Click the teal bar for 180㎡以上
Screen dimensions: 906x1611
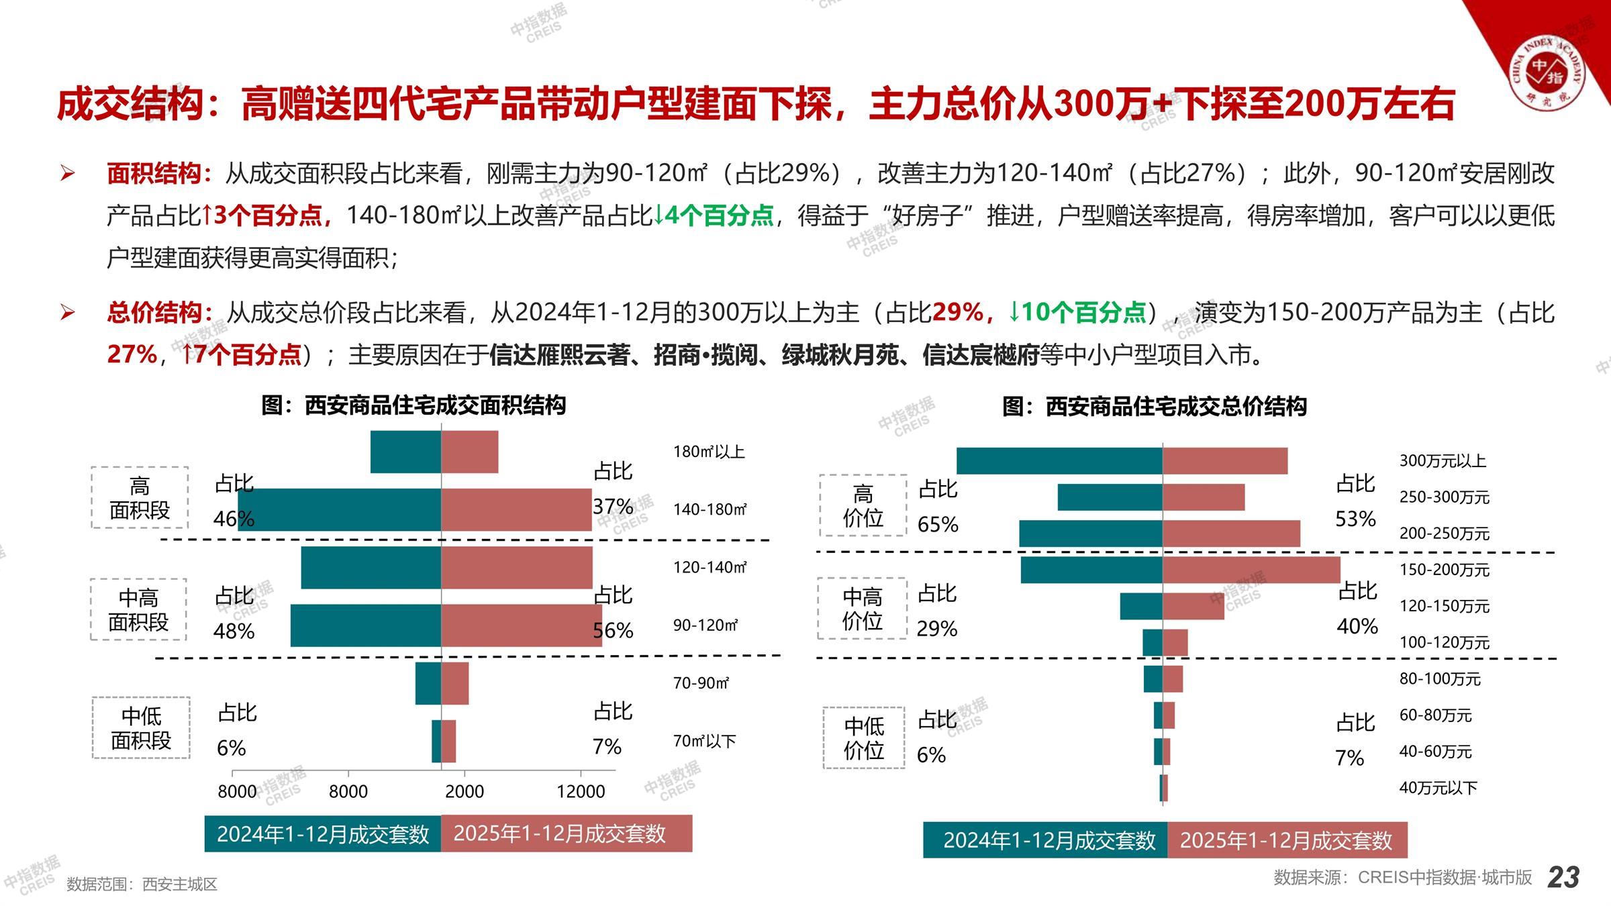click(x=405, y=452)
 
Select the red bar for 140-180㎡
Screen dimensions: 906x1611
click(x=516, y=510)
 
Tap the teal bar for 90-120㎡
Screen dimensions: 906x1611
click(x=365, y=625)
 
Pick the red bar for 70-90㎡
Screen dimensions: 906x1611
click(x=455, y=683)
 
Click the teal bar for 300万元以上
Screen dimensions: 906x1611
click(x=1059, y=461)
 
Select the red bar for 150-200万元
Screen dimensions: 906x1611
click(x=1251, y=570)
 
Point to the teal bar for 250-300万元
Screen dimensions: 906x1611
click(x=1110, y=497)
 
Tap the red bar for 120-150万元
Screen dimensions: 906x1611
click(x=1193, y=606)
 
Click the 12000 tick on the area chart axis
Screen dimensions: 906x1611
click(x=581, y=791)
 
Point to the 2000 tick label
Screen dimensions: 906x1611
click(x=465, y=791)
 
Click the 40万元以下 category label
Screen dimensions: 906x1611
click(x=1438, y=788)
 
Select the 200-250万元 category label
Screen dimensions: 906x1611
click(x=1444, y=534)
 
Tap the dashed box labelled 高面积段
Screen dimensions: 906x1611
click(x=140, y=497)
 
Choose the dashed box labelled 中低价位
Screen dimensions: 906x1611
click(x=864, y=738)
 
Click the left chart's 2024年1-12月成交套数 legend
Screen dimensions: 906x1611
click(x=323, y=834)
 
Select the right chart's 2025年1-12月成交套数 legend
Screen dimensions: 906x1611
click(x=1286, y=840)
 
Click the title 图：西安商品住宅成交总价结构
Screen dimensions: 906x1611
click(x=1155, y=406)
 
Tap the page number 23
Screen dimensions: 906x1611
click(x=1563, y=877)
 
